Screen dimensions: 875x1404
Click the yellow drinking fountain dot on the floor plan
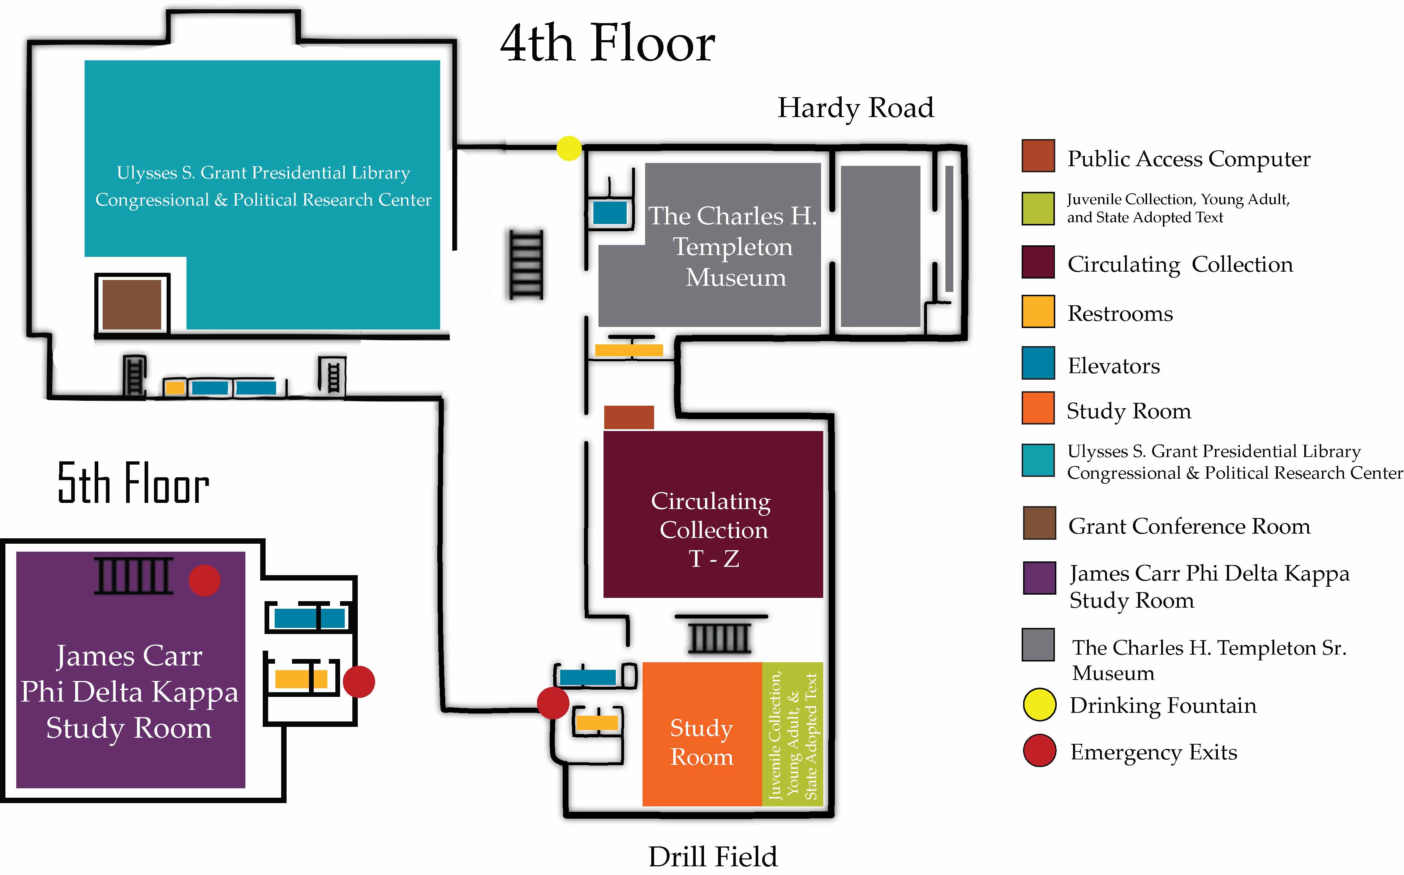(x=568, y=148)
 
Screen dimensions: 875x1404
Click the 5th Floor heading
(x=133, y=483)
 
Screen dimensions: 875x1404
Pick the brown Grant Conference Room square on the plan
(x=132, y=305)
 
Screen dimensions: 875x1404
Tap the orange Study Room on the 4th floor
(x=701, y=734)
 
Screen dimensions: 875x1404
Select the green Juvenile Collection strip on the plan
(x=792, y=734)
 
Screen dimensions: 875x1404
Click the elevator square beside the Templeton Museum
(x=609, y=212)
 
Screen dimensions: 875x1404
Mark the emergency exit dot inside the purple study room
(x=204, y=581)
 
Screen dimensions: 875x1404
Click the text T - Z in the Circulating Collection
(x=714, y=559)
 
